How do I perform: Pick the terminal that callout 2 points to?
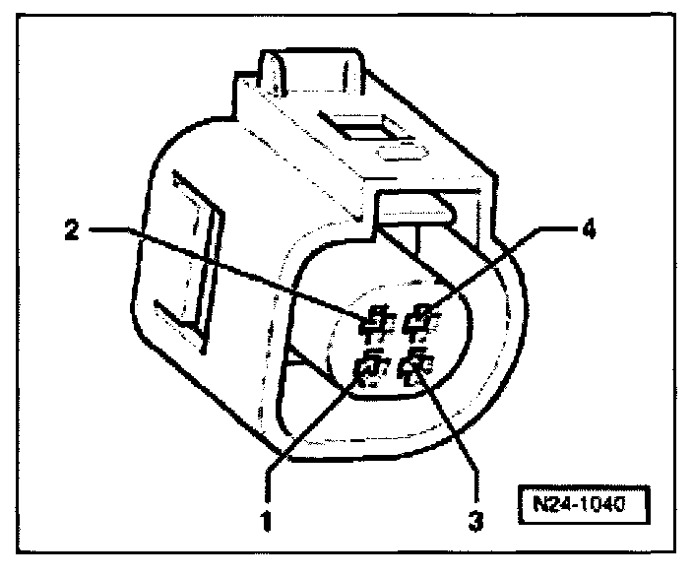point(374,319)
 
